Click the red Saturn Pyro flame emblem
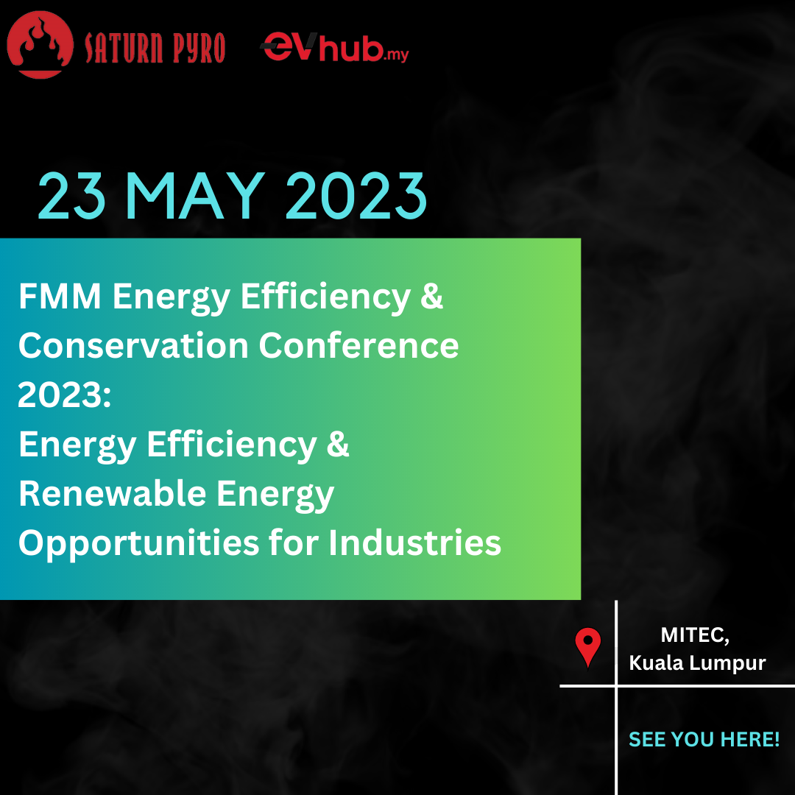pos(40,45)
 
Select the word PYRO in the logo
pos(199,48)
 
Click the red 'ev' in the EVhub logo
pos(289,46)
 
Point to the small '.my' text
pos(396,54)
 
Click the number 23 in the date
pos(72,196)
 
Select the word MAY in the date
pos(194,196)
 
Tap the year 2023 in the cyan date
pos(356,196)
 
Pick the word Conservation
pos(132,345)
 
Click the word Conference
pos(358,345)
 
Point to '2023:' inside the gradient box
pos(64,395)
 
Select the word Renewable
pos(112,493)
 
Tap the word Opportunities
pos(139,543)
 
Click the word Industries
pos(414,543)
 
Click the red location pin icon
pos(587,647)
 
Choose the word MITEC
pos(695,635)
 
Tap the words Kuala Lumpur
pos(697,663)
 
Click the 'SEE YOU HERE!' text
pos(704,739)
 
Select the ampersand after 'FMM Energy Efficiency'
pos(431,296)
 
